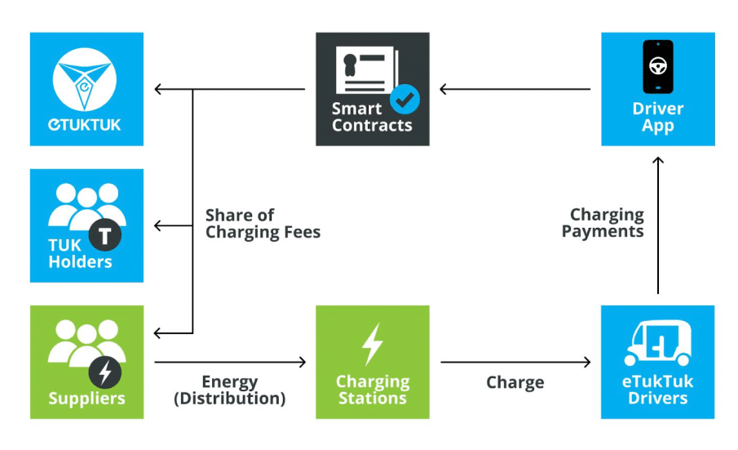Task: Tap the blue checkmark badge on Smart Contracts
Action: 404,100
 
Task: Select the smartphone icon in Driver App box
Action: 657,67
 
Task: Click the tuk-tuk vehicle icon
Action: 657,343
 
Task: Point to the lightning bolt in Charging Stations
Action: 373,344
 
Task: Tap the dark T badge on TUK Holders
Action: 105,236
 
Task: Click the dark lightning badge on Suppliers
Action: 105,372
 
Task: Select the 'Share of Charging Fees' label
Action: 263,224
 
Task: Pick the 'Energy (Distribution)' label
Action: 231,390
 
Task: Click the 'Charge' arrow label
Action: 515,382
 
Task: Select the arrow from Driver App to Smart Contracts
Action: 515,89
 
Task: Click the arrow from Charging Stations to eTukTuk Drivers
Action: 515,362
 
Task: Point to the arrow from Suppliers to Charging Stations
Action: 230,362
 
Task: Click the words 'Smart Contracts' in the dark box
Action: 372,117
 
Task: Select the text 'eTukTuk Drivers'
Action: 657,390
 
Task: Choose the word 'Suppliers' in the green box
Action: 86,399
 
